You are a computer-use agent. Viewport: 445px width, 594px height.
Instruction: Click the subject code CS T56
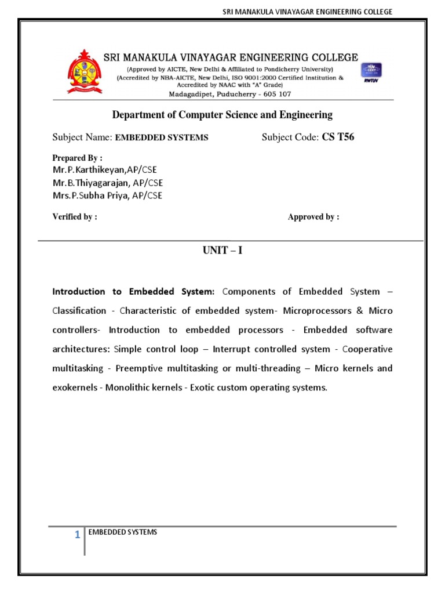coord(338,137)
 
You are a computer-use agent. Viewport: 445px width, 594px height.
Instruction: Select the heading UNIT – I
coord(222,251)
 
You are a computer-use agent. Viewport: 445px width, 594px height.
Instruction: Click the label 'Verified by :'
coord(75,217)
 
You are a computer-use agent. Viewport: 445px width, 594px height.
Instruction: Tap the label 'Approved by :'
coord(313,217)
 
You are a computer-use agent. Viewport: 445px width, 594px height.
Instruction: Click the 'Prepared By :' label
coord(77,158)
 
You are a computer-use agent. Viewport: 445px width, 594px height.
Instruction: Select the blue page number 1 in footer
coord(76,535)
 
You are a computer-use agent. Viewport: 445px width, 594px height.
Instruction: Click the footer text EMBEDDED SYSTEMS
coord(122,532)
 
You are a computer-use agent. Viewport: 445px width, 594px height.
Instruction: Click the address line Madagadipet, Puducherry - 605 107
coord(230,94)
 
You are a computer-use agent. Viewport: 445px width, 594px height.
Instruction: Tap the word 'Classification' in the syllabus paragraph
coord(79,311)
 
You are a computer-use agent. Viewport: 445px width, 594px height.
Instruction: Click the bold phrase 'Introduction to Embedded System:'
coord(134,292)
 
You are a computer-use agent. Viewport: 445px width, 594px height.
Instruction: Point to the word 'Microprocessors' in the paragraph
coord(316,311)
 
